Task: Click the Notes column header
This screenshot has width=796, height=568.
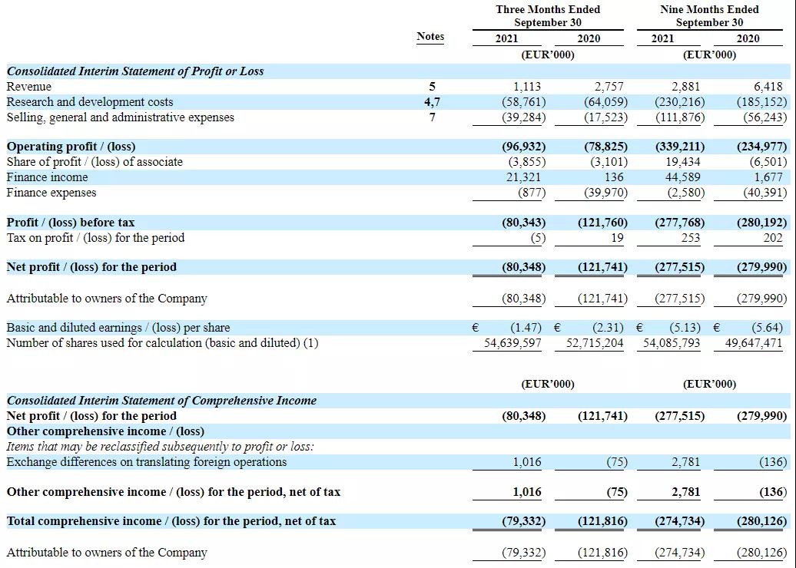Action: [430, 36]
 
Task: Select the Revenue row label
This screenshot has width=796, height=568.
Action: [29, 87]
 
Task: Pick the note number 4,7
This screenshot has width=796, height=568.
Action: [432, 102]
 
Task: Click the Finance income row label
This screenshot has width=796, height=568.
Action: [47, 177]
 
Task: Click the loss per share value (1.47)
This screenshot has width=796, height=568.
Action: [528, 328]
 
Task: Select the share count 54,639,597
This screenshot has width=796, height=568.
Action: [512, 343]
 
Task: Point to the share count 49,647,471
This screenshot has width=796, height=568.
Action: [754, 343]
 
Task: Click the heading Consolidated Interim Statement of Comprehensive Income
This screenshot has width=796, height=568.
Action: [161, 401]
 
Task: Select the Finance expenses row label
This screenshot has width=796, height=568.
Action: [51, 193]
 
